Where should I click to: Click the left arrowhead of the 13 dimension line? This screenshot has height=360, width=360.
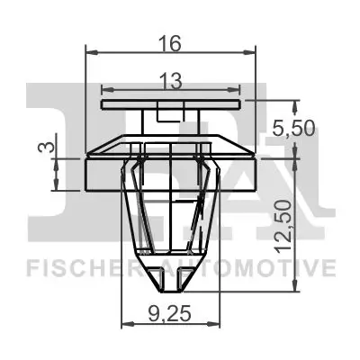coord(106,90)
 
